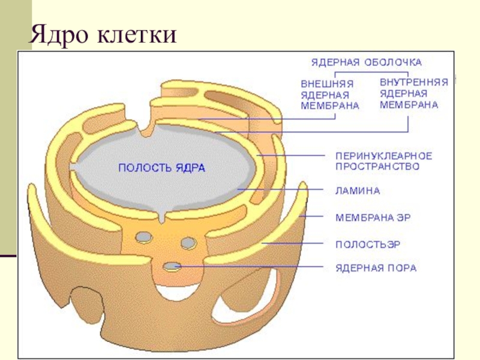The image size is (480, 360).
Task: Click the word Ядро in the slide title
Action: [57, 34]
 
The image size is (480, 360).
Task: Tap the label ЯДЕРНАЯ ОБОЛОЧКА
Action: [366, 62]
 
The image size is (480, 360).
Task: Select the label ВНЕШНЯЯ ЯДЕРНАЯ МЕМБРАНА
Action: [329, 95]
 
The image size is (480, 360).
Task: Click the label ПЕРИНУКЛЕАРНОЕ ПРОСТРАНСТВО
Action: [383, 161]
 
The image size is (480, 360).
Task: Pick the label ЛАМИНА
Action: [357, 191]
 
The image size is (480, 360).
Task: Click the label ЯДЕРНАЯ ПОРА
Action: [375, 267]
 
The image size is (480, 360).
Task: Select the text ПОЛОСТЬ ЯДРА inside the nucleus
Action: [161, 169]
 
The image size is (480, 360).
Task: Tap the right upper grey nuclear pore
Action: [188, 242]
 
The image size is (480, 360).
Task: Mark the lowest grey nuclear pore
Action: [173, 266]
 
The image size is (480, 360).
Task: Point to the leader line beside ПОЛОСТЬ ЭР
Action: [294, 244]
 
